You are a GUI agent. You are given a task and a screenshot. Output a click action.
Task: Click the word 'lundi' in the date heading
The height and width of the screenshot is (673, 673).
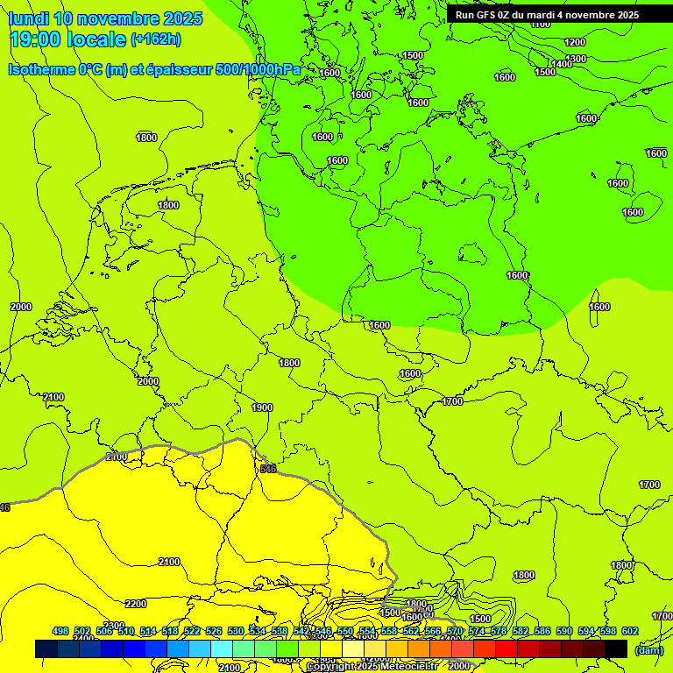coord(29,18)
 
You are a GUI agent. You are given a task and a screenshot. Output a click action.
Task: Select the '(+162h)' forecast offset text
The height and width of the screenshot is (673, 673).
coord(156,39)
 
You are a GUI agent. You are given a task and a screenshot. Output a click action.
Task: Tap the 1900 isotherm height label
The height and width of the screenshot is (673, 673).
coord(261,407)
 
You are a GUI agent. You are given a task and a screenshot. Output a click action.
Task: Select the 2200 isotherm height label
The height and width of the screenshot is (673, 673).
coord(136,604)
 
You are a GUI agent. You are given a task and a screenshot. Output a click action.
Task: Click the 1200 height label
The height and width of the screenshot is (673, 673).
coord(575,42)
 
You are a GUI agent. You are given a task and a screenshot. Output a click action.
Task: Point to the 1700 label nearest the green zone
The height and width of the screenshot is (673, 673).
coord(452,401)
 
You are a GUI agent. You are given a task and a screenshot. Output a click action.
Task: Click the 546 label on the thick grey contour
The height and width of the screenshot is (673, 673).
coord(268,469)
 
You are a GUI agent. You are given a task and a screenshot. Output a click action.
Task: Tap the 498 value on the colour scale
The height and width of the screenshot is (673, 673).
coord(60,631)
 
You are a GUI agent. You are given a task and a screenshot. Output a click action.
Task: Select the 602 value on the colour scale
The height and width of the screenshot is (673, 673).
coord(629,631)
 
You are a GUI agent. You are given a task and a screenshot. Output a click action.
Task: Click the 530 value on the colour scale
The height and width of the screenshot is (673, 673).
coord(236,631)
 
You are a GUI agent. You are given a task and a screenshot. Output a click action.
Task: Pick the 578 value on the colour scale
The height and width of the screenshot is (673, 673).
coord(499,631)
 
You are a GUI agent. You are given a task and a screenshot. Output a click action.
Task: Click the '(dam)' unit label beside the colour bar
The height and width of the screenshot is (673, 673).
coord(648,650)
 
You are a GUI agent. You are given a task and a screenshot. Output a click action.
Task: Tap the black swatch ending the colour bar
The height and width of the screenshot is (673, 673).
coord(616,648)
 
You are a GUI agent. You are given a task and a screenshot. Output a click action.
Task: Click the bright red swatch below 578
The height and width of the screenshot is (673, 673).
coord(507,648)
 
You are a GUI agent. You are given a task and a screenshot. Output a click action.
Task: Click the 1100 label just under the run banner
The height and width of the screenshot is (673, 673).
coord(541,24)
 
